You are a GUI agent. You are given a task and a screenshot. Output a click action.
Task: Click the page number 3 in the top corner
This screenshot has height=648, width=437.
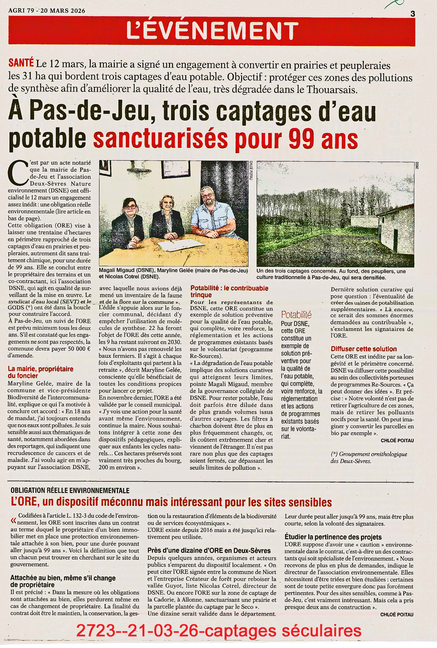coord(413,14)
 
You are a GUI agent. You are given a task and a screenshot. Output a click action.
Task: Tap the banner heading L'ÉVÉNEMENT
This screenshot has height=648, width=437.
coord(212,30)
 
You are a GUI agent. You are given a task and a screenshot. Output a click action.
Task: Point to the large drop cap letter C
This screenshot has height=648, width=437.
coord(17,173)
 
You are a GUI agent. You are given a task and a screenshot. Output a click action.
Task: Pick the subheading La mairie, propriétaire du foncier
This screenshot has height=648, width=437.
coord(40,372)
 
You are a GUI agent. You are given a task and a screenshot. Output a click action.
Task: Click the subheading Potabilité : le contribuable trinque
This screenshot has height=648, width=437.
coord(229,291)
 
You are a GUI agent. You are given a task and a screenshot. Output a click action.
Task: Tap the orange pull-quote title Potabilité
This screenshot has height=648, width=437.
coord(296,315)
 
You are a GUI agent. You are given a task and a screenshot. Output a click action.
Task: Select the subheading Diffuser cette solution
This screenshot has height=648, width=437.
coord(363,349)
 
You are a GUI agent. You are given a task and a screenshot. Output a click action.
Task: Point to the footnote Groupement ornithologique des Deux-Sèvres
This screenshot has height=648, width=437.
coord(369,457)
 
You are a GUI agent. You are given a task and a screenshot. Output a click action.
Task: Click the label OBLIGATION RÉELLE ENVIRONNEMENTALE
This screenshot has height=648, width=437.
coord(70,490)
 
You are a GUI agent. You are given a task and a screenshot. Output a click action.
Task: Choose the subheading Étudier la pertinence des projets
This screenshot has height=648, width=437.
coord(333,537)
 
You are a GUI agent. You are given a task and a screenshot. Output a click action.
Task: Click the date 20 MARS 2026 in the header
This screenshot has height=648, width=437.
coord(65,11)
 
